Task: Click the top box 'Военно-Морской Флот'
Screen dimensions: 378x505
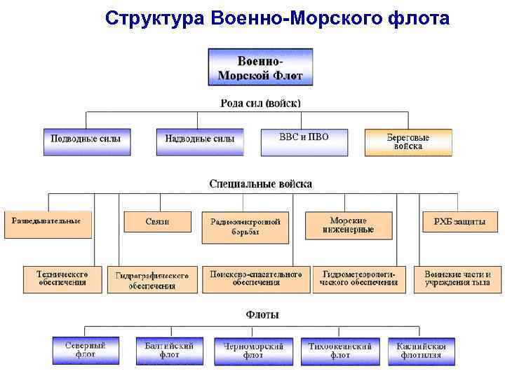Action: [x=260, y=67]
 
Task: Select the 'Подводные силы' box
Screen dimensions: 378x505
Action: [x=86, y=141]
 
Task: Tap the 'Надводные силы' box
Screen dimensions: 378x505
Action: [x=200, y=141]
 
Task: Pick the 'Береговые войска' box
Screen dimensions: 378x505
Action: [x=408, y=142]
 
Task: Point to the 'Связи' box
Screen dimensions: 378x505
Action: [x=158, y=221]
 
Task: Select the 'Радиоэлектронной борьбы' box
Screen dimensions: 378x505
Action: [x=245, y=227]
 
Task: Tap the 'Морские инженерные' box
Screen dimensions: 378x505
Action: [x=349, y=225]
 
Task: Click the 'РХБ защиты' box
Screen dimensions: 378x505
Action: [x=459, y=221]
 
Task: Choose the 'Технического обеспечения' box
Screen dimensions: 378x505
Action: [x=62, y=279]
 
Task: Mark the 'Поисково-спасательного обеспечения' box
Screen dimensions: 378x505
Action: [x=256, y=279]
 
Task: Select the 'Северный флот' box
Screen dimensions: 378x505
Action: [x=86, y=350]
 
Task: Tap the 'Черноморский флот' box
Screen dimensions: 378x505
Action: [x=253, y=351]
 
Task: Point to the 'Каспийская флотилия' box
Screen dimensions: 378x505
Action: [x=421, y=350]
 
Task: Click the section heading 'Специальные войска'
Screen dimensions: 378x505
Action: [x=261, y=184]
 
